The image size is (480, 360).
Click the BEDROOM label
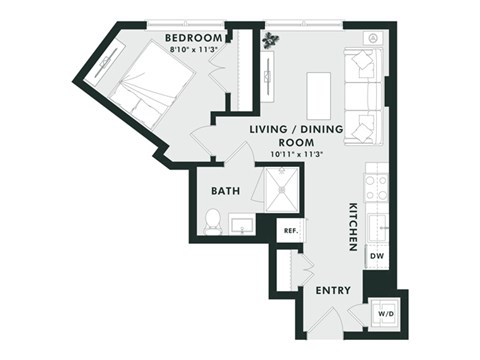193,39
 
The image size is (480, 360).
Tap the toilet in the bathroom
212,220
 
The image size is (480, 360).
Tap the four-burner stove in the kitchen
376,187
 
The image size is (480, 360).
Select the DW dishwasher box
377,258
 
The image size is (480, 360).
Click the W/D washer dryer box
384,312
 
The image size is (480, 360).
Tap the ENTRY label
331,291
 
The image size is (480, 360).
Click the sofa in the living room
362,95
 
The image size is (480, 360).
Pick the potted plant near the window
273,40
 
